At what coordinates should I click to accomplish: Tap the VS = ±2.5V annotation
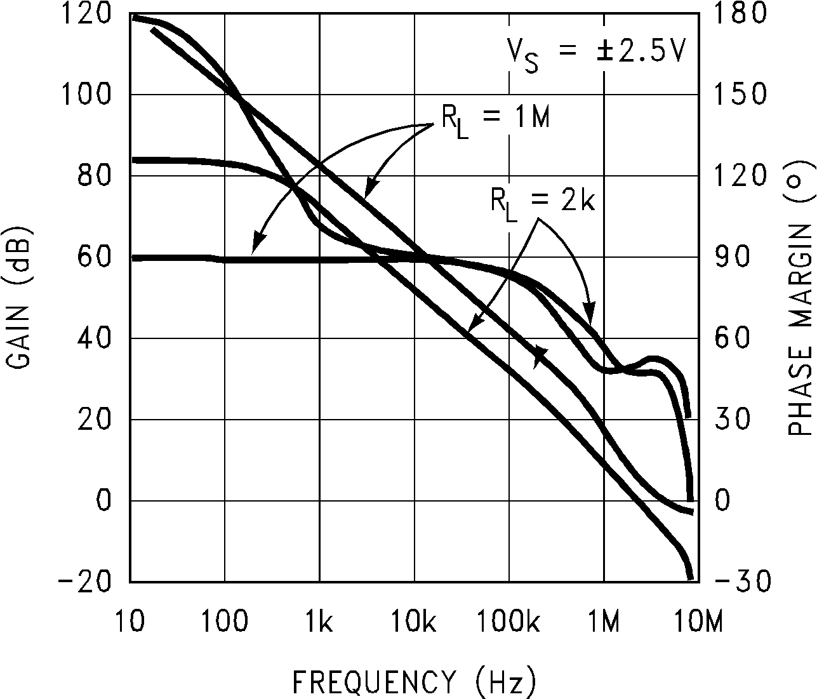click(x=595, y=52)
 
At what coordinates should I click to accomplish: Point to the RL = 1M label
click(x=496, y=119)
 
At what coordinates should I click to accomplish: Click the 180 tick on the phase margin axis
click(x=740, y=13)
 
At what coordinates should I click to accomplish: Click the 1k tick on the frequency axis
click(x=319, y=623)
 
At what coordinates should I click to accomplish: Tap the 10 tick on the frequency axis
click(x=130, y=623)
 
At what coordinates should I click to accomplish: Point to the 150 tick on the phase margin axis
click(x=740, y=95)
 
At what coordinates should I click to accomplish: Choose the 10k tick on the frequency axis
click(x=414, y=623)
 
